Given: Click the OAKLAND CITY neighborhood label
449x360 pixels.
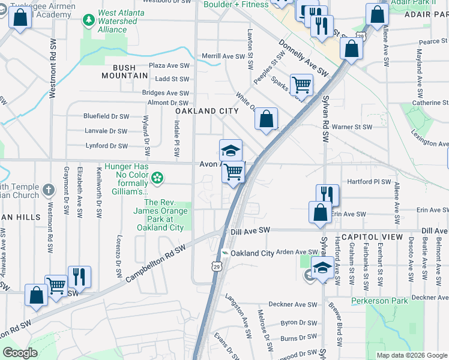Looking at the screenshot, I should coord(206,111).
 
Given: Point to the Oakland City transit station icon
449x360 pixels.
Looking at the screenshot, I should coord(224,253).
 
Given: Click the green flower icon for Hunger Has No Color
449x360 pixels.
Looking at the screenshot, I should coord(157,177).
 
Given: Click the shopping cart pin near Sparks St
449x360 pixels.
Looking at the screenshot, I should coord(301,85).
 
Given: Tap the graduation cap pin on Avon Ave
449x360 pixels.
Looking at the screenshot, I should coord(231,150).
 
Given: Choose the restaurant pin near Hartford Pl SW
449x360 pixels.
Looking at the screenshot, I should coord(328,194).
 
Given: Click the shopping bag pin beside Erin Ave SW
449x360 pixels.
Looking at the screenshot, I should coord(320,212).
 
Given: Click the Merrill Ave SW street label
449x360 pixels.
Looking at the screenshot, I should coord(223,56).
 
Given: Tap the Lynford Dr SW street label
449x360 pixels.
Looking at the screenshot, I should coord(106,146).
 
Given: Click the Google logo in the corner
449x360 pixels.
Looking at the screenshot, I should coord(20,353).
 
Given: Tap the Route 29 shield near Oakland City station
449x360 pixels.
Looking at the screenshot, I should coord(216,265).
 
